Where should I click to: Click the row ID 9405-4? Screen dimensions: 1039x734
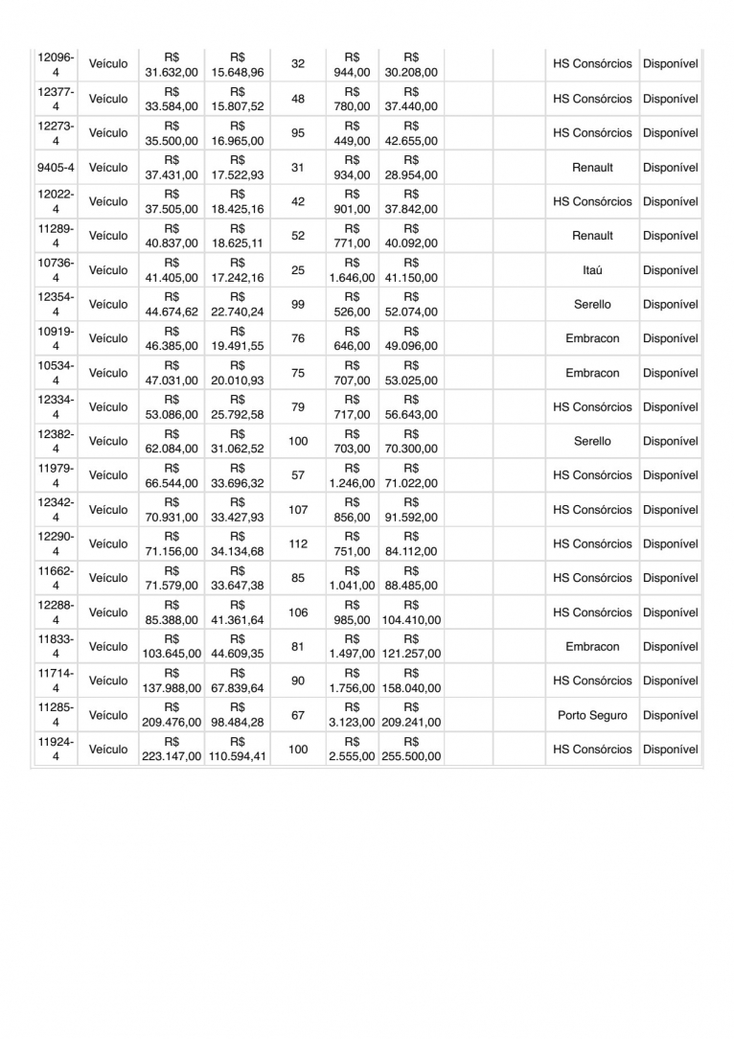click(x=56, y=168)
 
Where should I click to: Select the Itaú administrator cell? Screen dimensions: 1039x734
click(x=592, y=270)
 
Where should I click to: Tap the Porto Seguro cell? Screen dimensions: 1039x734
click(x=592, y=715)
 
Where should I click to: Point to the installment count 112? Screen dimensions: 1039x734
click(x=298, y=544)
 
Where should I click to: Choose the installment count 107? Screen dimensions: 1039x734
click(x=298, y=510)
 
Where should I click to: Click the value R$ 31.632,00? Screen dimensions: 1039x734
click(x=172, y=64)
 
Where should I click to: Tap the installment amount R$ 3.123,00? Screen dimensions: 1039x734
click(x=352, y=715)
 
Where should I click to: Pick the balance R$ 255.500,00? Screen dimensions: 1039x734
click(x=411, y=750)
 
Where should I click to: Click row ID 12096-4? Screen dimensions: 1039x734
click(x=56, y=64)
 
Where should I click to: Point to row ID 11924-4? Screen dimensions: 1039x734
click(x=56, y=750)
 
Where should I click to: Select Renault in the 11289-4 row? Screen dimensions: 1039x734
click(x=592, y=236)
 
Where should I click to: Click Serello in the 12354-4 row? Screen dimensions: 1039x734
click(x=592, y=305)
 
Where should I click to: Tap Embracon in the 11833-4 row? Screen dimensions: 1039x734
click(x=592, y=647)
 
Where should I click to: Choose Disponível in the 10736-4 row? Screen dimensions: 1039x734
click(x=671, y=270)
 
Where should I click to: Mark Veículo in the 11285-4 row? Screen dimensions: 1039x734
click(x=108, y=715)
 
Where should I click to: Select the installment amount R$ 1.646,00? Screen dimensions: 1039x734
click(x=352, y=270)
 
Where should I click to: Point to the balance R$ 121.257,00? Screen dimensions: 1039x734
click(x=411, y=647)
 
